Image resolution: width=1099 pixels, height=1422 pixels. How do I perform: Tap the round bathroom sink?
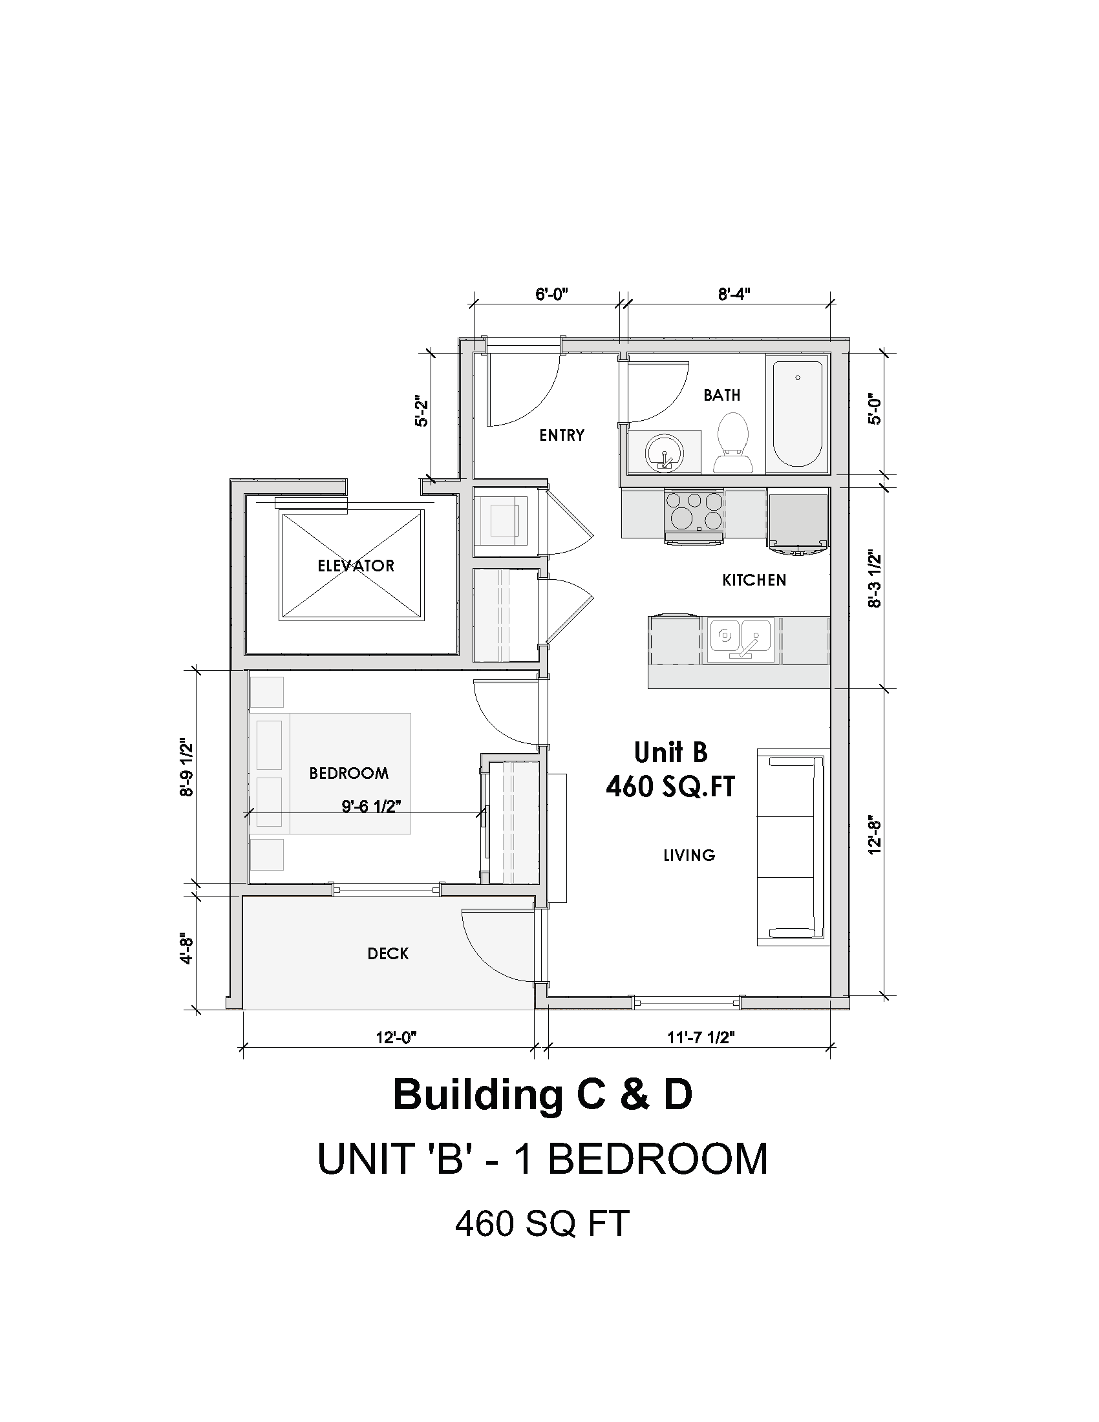coord(664,452)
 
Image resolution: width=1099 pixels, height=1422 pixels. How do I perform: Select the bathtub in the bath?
coord(797,414)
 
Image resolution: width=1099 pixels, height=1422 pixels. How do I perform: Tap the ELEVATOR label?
coord(356,566)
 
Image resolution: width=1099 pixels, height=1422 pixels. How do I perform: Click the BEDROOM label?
coord(349,773)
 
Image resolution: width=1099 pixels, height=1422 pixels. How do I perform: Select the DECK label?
coord(388,954)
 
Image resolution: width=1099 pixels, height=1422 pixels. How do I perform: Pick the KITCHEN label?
coord(754,580)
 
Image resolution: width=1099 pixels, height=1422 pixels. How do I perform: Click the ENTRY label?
coord(562,435)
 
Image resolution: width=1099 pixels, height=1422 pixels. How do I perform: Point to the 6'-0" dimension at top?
coord(552,294)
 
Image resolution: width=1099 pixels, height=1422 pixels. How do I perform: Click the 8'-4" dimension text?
coord(734,294)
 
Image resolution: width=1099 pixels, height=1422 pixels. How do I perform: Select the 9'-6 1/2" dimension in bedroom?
coord(371,806)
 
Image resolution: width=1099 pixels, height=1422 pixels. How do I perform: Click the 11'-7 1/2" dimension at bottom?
coord(701,1037)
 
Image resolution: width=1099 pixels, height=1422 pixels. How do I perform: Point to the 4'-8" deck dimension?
coord(187,950)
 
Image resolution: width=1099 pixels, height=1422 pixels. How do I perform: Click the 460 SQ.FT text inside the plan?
coord(670,787)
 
